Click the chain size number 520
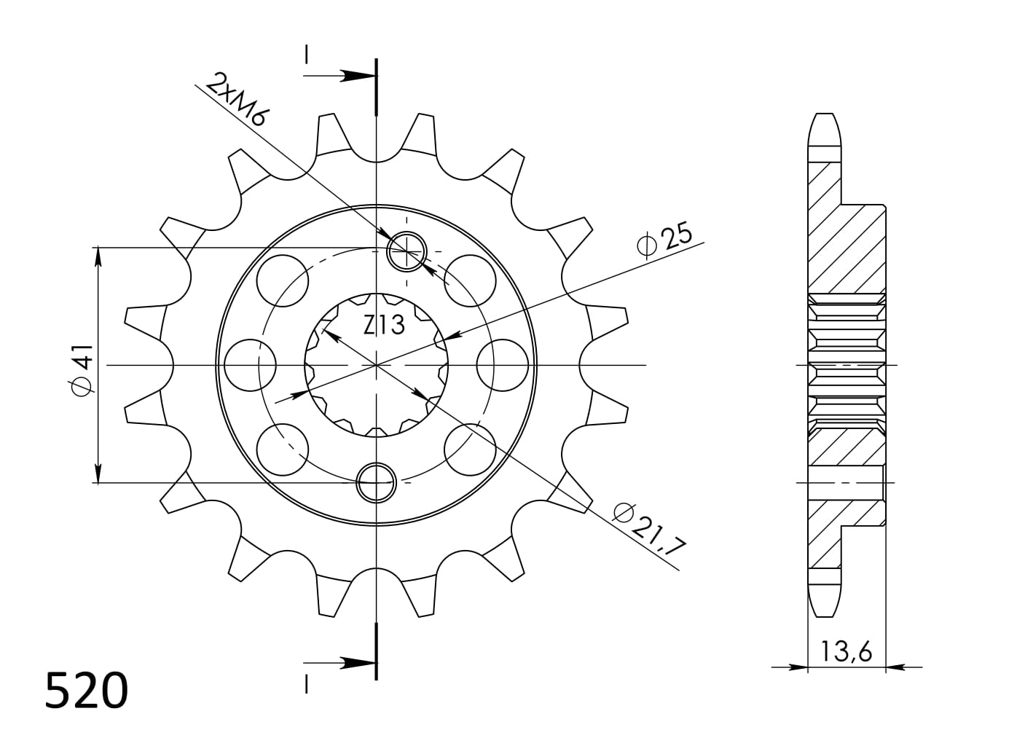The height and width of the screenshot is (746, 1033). (x=87, y=691)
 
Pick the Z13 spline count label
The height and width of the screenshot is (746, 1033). (x=384, y=324)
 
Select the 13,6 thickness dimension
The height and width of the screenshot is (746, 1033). (x=847, y=651)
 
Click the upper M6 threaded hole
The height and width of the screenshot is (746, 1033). (x=406, y=251)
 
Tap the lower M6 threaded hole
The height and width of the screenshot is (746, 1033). (x=376, y=482)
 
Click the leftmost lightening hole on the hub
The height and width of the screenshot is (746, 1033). (x=250, y=364)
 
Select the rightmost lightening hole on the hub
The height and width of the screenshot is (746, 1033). (x=503, y=364)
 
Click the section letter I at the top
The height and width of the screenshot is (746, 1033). (x=307, y=54)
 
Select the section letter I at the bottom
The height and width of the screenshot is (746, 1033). (x=307, y=685)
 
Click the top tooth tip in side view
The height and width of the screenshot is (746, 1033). (x=824, y=127)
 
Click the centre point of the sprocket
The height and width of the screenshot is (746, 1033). (x=376, y=364)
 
